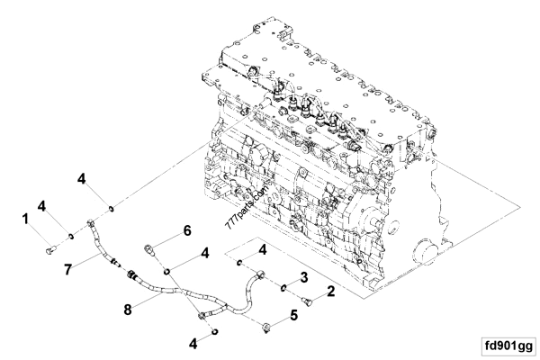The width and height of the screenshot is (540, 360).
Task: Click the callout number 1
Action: (26, 220)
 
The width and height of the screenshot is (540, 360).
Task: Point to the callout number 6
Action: (187, 230)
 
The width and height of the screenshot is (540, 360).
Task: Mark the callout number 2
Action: (331, 290)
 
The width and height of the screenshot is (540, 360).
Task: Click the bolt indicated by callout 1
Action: (48, 247)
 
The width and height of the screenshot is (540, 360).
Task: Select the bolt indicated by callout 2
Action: (307, 294)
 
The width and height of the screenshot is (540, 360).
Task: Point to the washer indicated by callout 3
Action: (284, 289)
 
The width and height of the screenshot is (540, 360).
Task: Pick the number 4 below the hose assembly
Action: (193, 344)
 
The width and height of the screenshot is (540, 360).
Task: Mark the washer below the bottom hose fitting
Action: (216, 331)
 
